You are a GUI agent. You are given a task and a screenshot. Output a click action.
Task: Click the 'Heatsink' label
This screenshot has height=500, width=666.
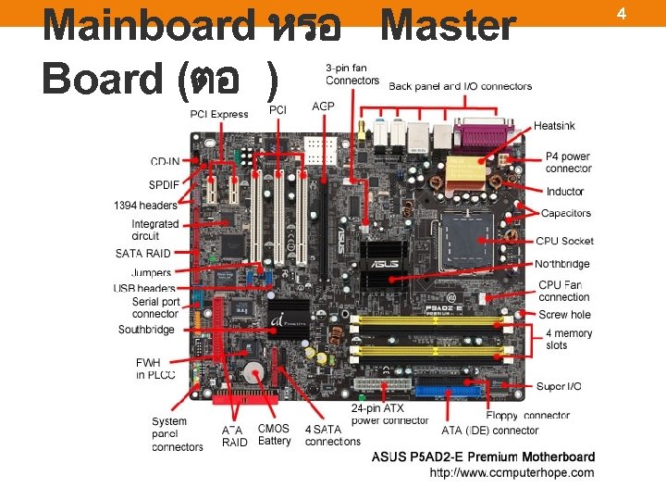(x=554, y=125)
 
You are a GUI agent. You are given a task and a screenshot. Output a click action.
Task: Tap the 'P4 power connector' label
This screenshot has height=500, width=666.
(x=568, y=162)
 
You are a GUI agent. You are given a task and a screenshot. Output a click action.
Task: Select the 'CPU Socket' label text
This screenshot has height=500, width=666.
(x=564, y=241)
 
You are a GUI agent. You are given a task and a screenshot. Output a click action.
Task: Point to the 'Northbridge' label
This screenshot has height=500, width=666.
(x=561, y=264)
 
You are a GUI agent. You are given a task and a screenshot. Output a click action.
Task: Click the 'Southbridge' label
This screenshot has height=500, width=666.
(x=146, y=330)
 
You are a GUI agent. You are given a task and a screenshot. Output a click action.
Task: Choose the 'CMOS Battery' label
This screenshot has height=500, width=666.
(x=274, y=434)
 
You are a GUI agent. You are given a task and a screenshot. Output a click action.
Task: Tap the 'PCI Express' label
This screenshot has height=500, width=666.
(x=219, y=114)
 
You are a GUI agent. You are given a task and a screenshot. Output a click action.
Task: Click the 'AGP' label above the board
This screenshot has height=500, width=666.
(x=323, y=107)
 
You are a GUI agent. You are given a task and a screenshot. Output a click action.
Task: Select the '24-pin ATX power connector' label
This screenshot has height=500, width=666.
(x=389, y=414)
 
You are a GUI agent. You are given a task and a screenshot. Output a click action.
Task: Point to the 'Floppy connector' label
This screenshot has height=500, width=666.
(x=527, y=416)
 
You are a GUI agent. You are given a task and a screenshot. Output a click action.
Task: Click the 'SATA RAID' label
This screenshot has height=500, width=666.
(x=143, y=253)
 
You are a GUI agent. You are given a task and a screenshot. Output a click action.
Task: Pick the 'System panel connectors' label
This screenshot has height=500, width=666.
(x=177, y=434)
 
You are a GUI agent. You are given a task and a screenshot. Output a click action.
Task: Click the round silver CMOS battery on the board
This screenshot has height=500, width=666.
(x=253, y=371)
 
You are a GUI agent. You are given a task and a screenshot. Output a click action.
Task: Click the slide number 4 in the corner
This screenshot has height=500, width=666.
(x=647, y=13)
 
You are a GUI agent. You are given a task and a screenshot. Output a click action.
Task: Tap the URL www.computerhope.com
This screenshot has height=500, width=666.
(x=512, y=472)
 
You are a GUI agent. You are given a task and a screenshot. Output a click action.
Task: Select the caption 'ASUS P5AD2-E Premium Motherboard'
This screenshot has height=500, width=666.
(x=483, y=456)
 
